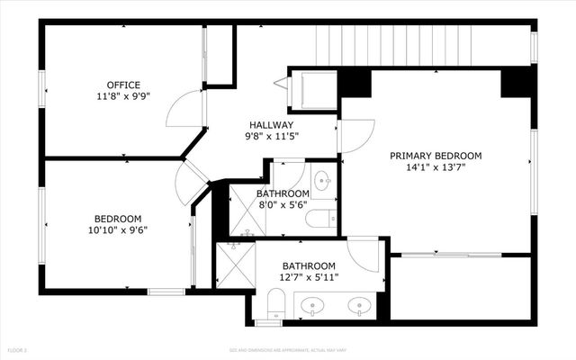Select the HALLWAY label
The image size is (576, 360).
[271, 125]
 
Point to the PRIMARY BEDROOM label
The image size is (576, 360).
[436, 156]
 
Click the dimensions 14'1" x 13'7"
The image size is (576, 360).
[436, 166]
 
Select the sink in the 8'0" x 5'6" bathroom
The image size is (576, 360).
[322, 180]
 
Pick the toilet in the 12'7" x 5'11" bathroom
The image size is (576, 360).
[275, 304]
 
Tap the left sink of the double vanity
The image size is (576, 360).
[312, 305]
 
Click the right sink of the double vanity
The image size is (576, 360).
[360, 305]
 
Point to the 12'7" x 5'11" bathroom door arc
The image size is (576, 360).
[364, 254]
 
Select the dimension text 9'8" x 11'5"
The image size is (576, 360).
[271, 137]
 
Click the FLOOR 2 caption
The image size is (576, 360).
[17, 349]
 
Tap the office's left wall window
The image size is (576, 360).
[40, 92]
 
